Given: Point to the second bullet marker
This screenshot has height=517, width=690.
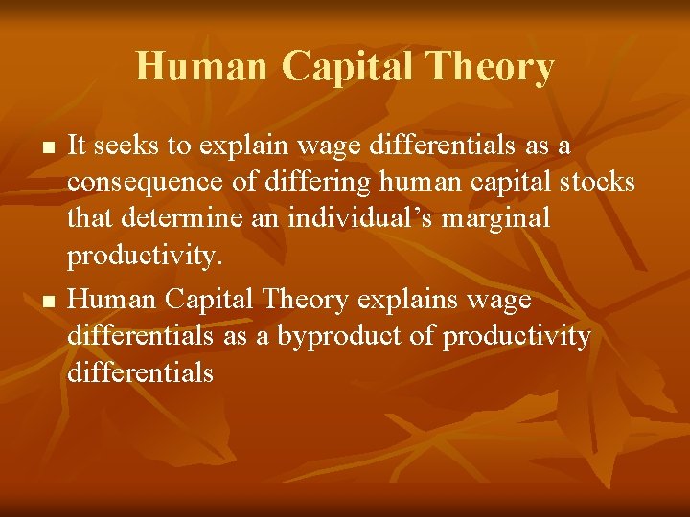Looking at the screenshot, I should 46,303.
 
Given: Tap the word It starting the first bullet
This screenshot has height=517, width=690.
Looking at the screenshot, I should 79,146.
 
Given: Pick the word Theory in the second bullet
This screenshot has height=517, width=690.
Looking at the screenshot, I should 303,302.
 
